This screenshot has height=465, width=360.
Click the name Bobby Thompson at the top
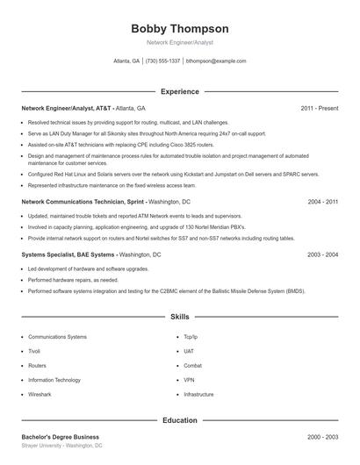tap(179, 28)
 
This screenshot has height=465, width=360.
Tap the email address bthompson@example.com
tap(216, 61)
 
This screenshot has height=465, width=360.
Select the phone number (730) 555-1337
tap(162, 61)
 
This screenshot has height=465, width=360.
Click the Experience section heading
tap(179, 91)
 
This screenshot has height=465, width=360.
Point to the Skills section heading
tap(179, 316)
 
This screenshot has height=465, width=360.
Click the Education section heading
tap(179, 420)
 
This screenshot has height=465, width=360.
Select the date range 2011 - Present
tap(319, 108)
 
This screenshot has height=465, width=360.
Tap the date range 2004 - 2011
tap(322, 202)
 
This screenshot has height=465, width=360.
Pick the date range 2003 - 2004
tap(322, 254)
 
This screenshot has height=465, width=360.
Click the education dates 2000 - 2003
tap(322, 437)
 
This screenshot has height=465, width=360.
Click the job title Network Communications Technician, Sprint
tap(83, 202)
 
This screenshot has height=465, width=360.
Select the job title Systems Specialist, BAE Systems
tap(68, 254)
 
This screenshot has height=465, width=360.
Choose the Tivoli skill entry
tap(36, 351)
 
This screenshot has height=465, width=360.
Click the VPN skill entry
tap(189, 380)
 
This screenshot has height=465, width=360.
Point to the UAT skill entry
tap(189, 351)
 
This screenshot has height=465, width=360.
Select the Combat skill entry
tap(192, 365)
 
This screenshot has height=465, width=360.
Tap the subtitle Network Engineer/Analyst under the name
tap(179, 42)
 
